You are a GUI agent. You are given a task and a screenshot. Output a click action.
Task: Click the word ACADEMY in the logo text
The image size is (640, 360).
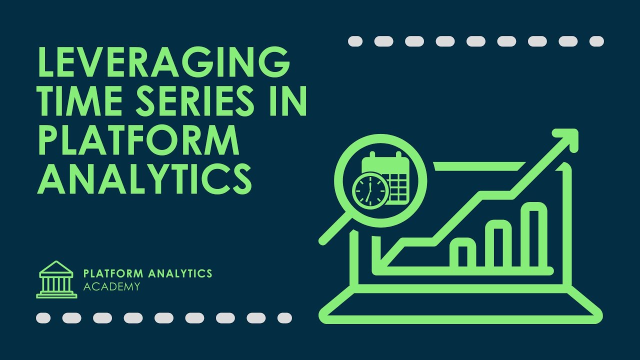click(111, 286)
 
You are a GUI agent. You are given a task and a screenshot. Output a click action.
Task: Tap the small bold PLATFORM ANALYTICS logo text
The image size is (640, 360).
click(147, 273)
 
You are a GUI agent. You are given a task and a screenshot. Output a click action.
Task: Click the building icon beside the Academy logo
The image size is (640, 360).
click(56, 279)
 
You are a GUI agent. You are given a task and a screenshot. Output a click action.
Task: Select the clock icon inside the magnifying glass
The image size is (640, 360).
click(370, 190)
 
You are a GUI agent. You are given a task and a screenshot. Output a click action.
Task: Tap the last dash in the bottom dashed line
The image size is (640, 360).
click(284, 317)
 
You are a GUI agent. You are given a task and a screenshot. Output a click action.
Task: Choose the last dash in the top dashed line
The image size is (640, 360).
click(596, 41)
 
